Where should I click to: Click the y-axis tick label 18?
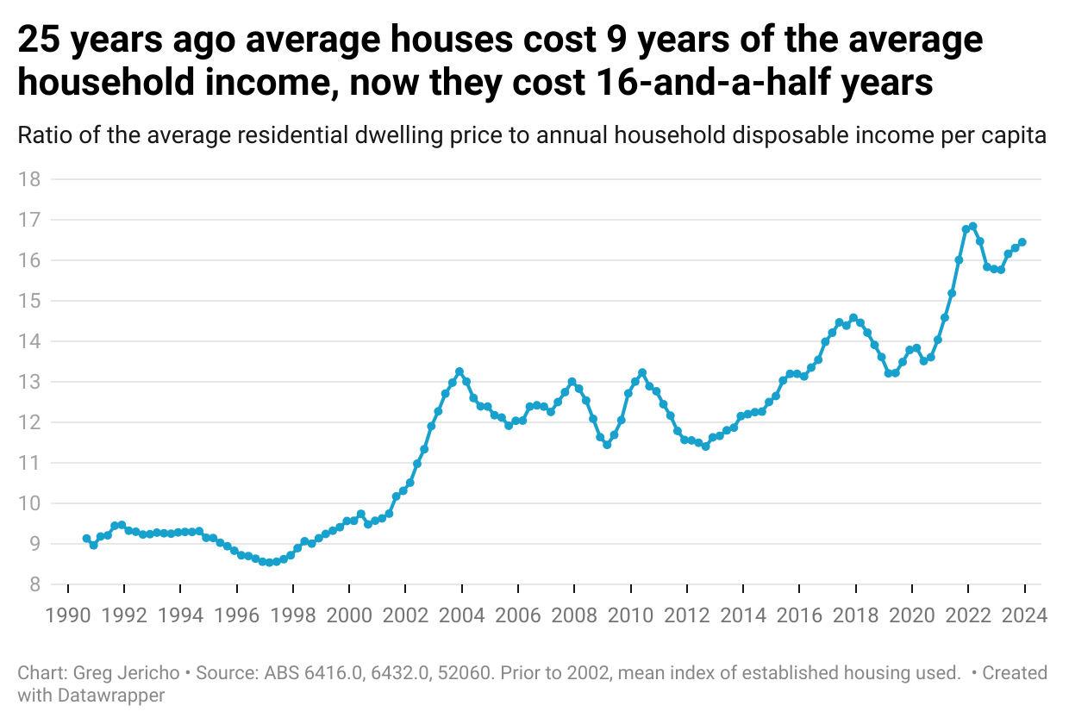click(x=30, y=179)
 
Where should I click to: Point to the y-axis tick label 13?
click(x=30, y=382)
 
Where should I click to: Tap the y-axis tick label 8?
click(x=34, y=584)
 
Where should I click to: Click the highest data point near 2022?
click(x=972, y=227)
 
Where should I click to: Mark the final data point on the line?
click(x=1022, y=242)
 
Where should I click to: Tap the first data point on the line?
click(x=86, y=539)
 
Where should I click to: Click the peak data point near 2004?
click(x=459, y=371)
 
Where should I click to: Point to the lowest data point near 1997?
click(x=269, y=563)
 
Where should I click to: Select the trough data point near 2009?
click(x=607, y=445)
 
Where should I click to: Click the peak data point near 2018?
click(x=853, y=318)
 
